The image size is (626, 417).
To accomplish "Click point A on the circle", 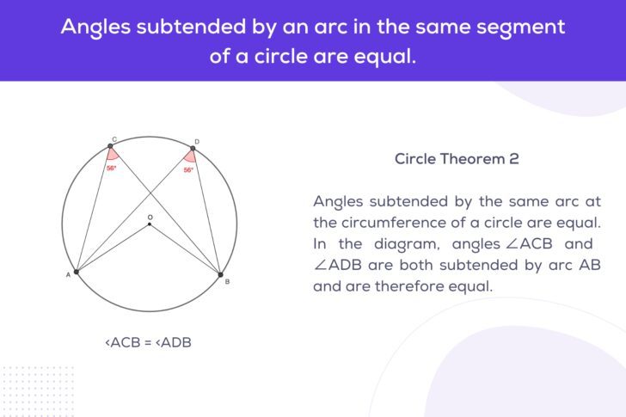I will pyautogui.click(x=77, y=272).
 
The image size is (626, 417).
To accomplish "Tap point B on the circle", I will pyautogui.click(x=219, y=273).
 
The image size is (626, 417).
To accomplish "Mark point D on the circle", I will pyautogui.click(x=193, y=149).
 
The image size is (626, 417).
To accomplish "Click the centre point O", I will pyautogui.click(x=149, y=224).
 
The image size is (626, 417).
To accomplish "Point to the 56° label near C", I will pyautogui.click(x=112, y=169).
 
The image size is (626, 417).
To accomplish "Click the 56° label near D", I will pyautogui.click(x=188, y=170).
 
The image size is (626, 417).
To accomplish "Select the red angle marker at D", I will pyautogui.click(x=191, y=157).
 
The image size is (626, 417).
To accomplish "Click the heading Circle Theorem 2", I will pyautogui.click(x=457, y=159).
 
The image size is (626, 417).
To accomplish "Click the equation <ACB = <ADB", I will pyautogui.click(x=148, y=342).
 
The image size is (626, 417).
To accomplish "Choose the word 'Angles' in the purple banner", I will pyautogui.click(x=93, y=27).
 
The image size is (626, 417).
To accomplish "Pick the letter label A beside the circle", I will pyautogui.click(x=68, y=276).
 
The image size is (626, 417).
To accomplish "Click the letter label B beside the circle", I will pyautogui.click(x=227, y=281).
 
